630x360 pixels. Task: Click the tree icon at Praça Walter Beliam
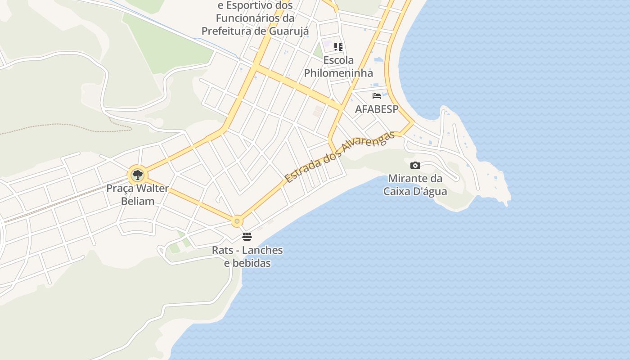click(137, 175)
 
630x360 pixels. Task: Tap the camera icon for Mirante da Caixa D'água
click(415, 165)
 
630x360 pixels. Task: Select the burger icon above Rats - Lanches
click(247, 236)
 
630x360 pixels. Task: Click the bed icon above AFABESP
click(377, 96)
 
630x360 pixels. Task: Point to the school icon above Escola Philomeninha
click(338, 46)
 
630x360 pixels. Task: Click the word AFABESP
click(377, 109)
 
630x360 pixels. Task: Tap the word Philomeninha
click(338, 73)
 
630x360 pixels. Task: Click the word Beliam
click(138, 201)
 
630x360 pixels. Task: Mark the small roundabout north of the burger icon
click(237, 221)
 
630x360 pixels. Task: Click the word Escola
click(338, 60)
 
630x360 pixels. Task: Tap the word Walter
click(153, 188)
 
